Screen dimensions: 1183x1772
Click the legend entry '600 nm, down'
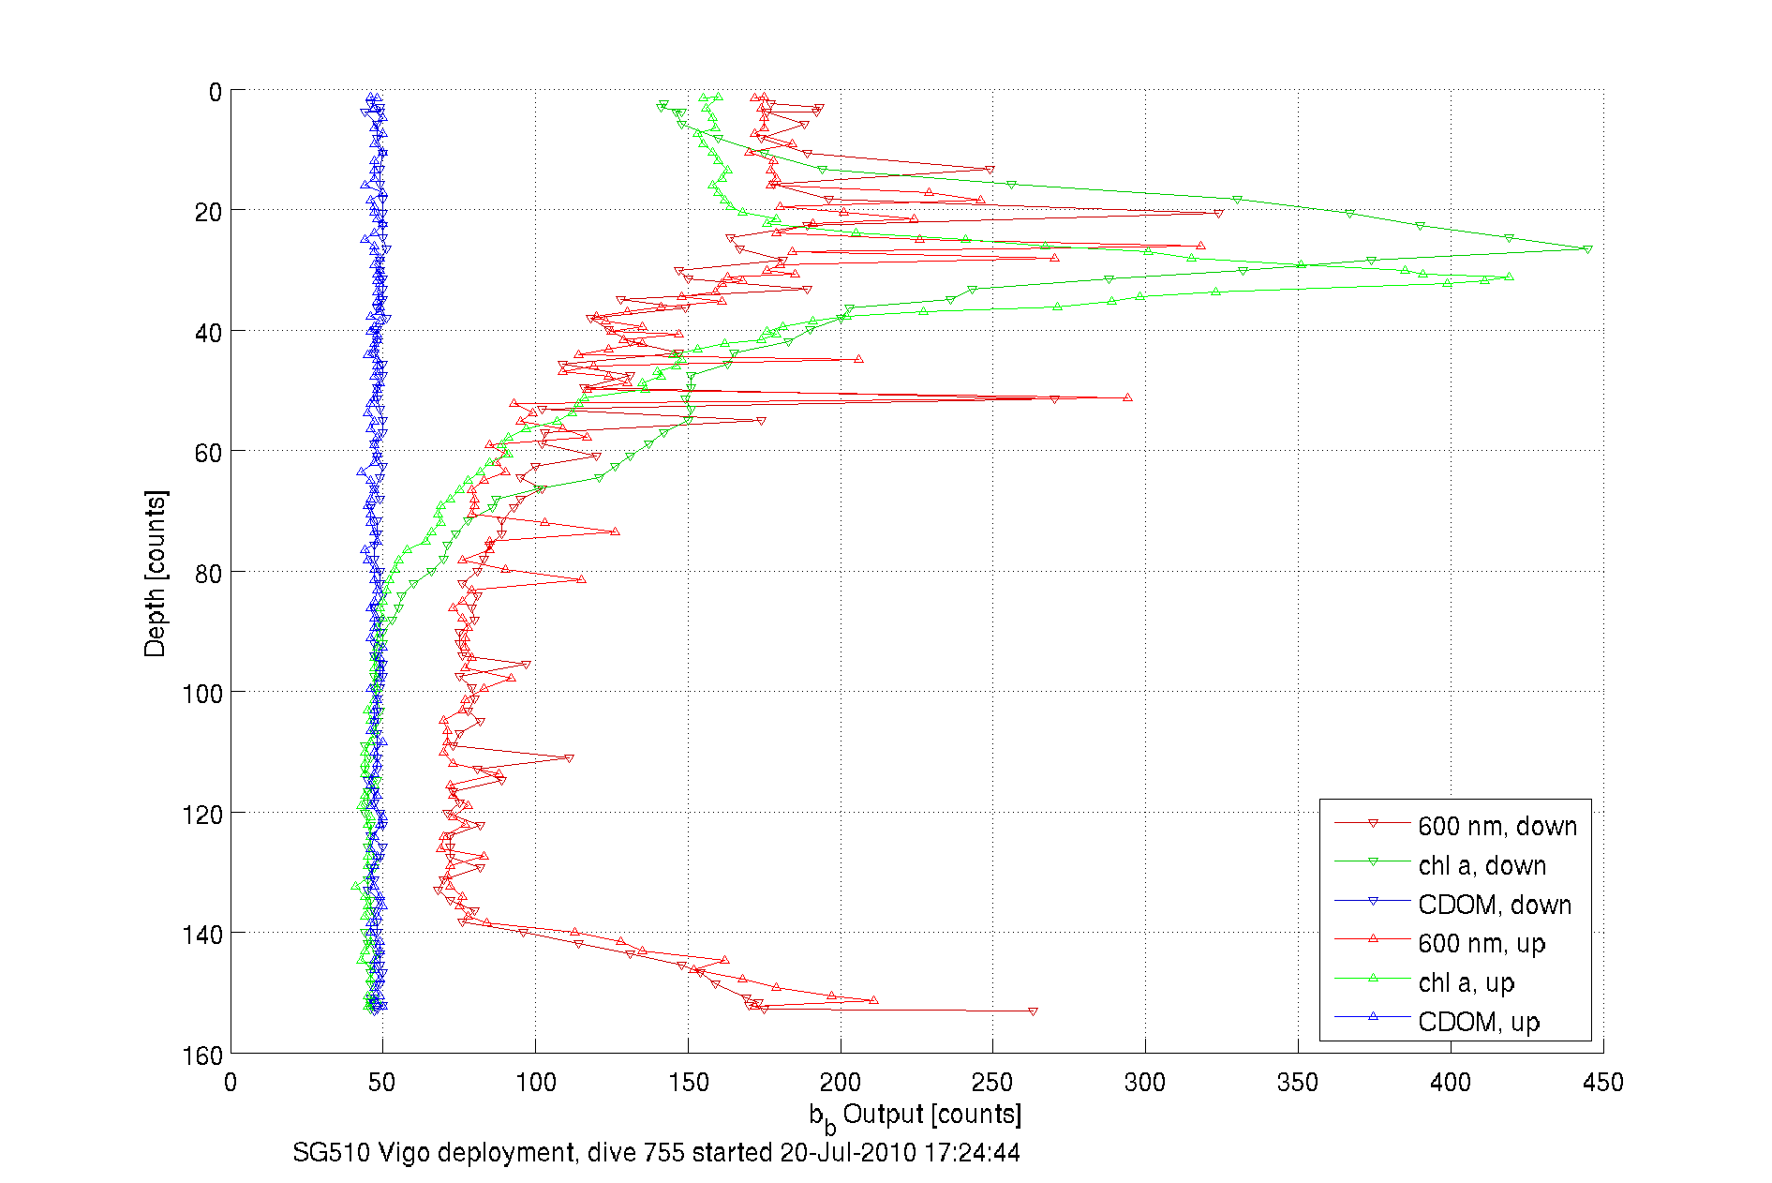[x=1497, y=826]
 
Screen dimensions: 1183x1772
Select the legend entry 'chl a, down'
[x=1482, y=865]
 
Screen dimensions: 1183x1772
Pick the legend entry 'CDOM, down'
[x=1494, y=905]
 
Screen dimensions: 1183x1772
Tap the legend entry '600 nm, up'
[x=1481, y=943]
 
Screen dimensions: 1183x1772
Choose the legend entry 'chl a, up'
[x=1466, y=982]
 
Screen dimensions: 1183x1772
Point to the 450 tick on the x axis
[x=1602, y=1083]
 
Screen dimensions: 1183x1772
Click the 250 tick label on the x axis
[x=992, y=1083]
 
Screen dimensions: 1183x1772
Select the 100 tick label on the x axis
[x=535, y=1083]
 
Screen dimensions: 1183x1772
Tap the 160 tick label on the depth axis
[x=202, y=1056]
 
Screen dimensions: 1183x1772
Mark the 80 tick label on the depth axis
[x=209, y=574]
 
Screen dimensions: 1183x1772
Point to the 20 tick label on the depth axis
[x=209, y=213]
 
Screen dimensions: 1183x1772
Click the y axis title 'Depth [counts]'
[x=156, y=573]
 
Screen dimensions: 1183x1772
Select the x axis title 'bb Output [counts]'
[x=916, y=1116]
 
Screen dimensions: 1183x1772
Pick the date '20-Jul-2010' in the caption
[x=847, y=1152]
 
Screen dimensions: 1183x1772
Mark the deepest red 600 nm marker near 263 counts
[x=1033, y=1011]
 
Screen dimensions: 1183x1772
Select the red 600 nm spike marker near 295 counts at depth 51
[x=1127, y=397]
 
